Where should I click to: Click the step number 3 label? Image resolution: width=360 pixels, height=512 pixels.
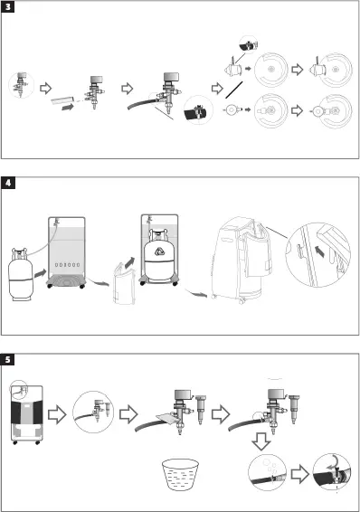(9, 7)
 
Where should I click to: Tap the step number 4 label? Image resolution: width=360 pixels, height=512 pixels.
(9, 183)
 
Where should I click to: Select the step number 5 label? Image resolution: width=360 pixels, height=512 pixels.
(9, 359)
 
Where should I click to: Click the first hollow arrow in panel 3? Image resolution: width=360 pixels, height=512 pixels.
(50, 89)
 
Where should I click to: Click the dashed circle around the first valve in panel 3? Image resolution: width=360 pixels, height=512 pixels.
(21, 87)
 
